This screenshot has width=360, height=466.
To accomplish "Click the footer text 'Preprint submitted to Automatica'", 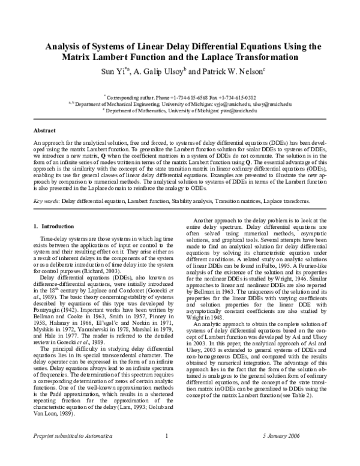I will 68,453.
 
